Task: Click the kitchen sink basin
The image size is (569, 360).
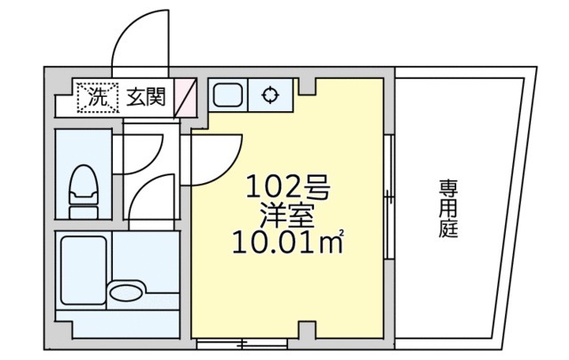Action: (228, 95)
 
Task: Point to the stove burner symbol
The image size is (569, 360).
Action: (270, 95)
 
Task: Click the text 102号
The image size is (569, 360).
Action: (287, 188)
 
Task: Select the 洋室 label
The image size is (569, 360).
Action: (286, 214)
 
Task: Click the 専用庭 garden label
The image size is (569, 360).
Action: (446, 209)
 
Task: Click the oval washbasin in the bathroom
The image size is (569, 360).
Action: (125, 291)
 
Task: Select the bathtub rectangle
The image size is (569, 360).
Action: (84, 269)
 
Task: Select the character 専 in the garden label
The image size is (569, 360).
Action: (446, 188)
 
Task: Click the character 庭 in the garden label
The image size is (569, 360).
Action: (446, 230)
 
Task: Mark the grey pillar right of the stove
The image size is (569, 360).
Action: (306, 86)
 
